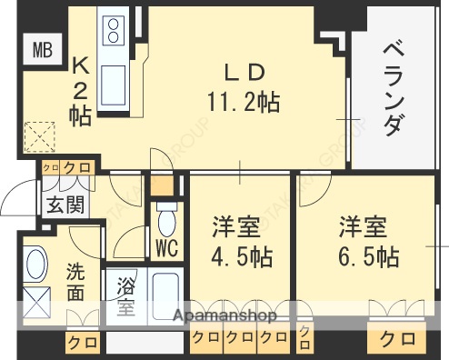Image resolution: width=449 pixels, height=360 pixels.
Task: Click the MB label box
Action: [x=43, y=48]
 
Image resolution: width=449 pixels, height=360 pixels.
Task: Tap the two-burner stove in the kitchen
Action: [x=115, y=32]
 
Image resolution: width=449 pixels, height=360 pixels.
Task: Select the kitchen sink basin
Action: [x=116, y=75]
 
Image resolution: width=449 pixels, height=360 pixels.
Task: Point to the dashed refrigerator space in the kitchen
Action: [x=42, y=139]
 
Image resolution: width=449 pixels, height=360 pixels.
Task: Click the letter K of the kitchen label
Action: [x=79, y=65]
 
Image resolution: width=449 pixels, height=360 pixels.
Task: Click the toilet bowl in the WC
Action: [x=166, y=219]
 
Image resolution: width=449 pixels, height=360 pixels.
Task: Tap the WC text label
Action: [x=165, y=246]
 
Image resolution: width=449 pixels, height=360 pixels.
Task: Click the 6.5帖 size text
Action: [x=368, y=255]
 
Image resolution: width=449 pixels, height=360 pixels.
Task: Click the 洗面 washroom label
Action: [x=76, y=281]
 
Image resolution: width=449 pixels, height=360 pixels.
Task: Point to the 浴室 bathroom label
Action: [x=125, y=296]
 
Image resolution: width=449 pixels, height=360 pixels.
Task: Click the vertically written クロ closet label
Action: [x=304, y=339]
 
